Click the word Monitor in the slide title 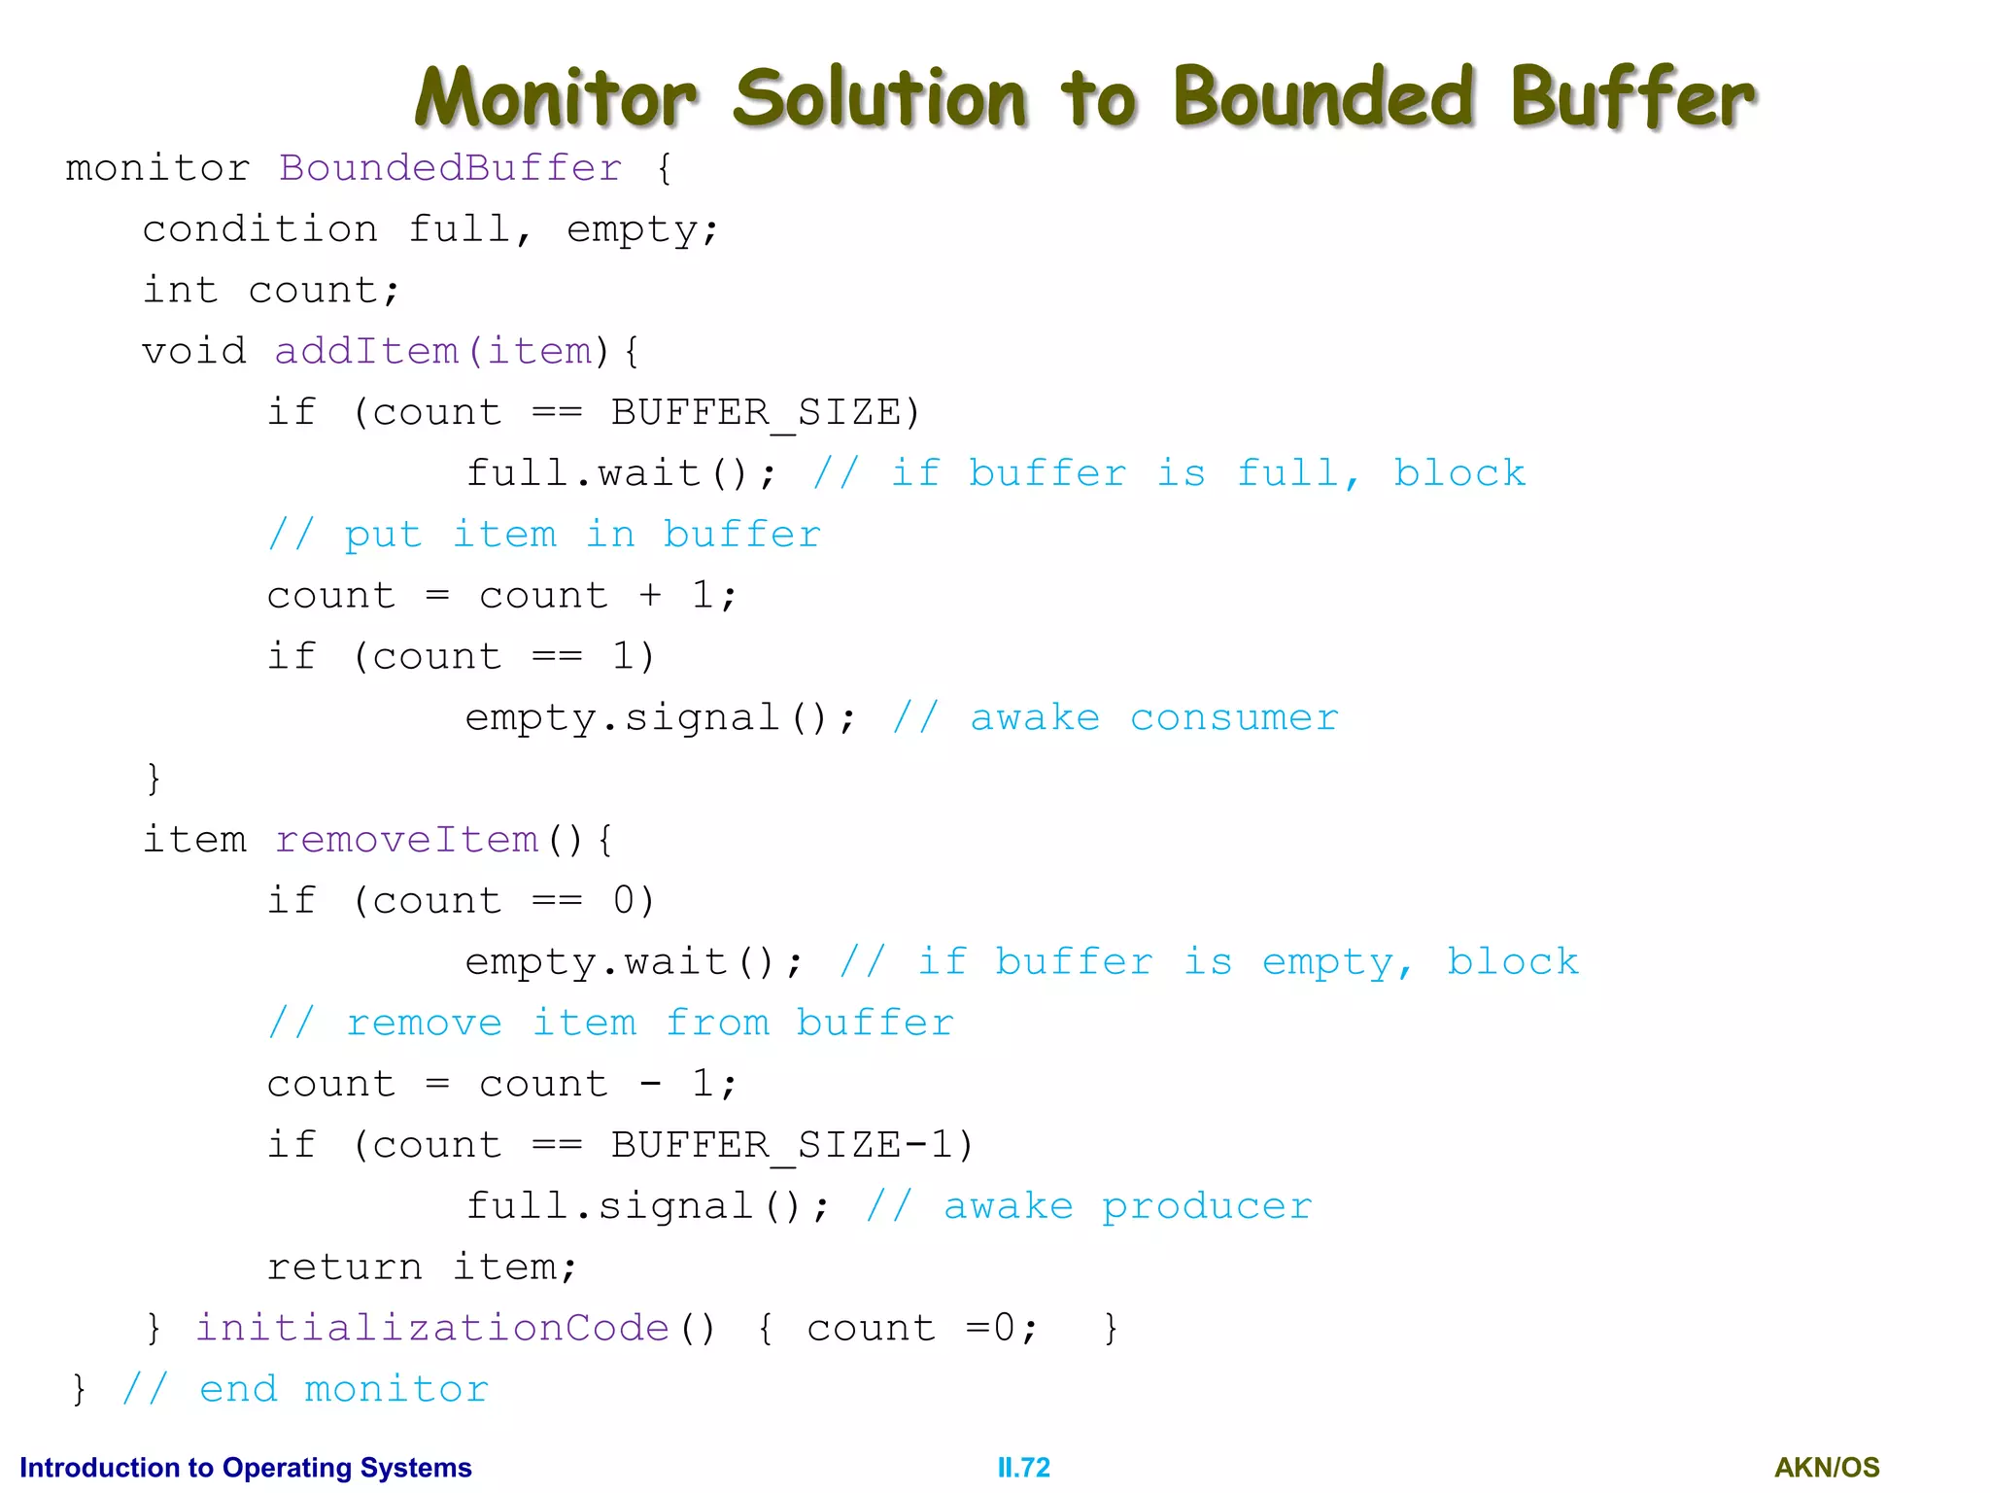(x=556, y=97)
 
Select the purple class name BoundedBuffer (x=450, y=168)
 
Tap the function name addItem (x=365, y=351)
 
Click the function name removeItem (x=406, y=840)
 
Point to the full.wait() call (x=621, y=473)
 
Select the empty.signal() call (x=661, y=718)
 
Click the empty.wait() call (x=634, y=962)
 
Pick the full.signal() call (x=647, y=1206)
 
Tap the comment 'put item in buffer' (x=544, y=535)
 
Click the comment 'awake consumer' (x=1115, y=718)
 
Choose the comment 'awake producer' (x=1089, y=1206)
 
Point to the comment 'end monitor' (x=305, y=1389)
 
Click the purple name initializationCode (x=432, y=1329)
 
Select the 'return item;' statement (x=422, y=1267)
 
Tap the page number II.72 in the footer (x=1023, y=1467)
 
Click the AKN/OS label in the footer (x=1827, y=1467)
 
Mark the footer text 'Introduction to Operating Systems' (x=246, y=1467)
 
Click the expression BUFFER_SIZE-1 (x=789, y=1145)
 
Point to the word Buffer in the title (x=1631, y=97)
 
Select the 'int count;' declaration (x=271, y=291)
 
